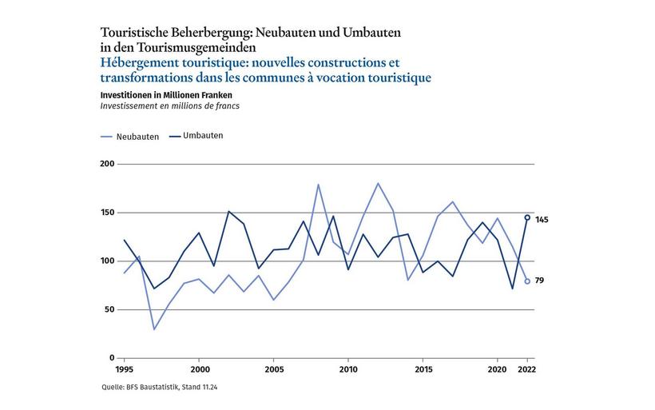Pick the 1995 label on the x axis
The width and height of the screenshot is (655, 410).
click(x=124, y=371)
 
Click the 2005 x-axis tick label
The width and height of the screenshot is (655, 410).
click(x=273, y=371)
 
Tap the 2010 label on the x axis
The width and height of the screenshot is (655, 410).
click(x=347, y=371)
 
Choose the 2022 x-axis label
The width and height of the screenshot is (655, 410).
click(x=527, y=371)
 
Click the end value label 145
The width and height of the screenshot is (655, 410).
click(x=542, y=220)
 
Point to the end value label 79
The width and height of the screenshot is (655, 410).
click(x=540, y=281)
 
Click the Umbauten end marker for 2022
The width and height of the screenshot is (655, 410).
click(x=527, y=217)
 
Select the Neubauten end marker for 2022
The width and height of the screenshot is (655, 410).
click(x=527, y=281)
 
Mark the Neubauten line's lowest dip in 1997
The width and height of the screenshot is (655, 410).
click(x=153, y=329)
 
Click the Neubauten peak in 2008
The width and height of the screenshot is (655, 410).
click(x=318, y=185)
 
